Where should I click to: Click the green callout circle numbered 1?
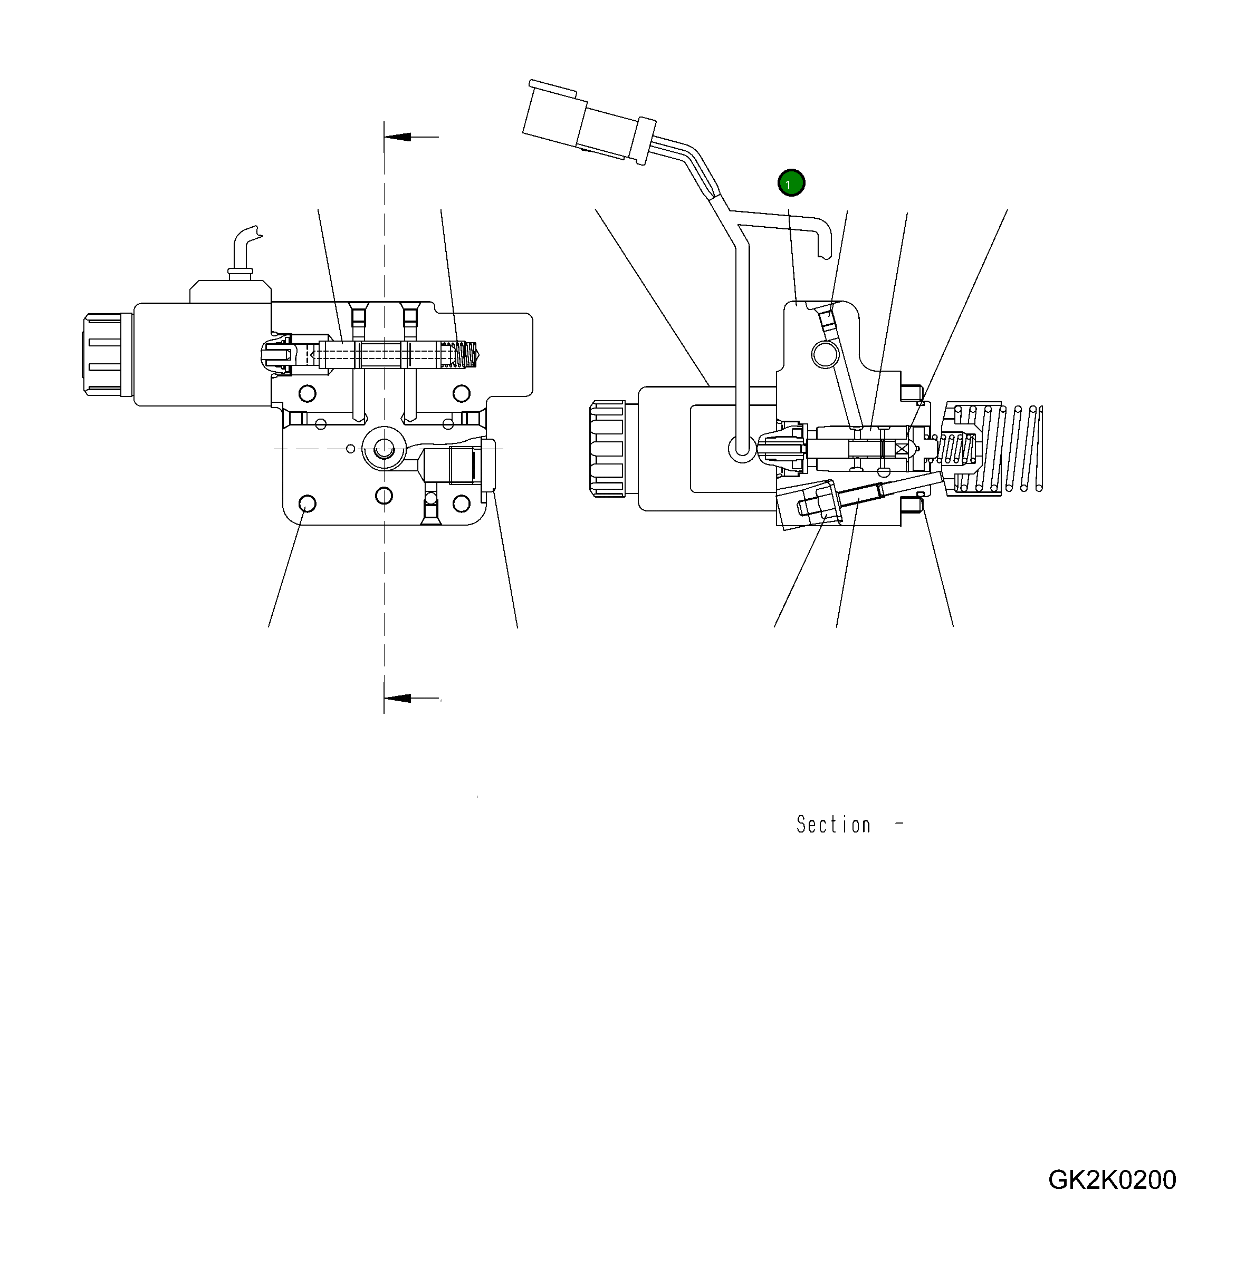[x=791, y=183]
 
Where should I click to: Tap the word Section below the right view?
[x=833, y=824]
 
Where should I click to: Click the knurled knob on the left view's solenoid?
[x=102, y=354]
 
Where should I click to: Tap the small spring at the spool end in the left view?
[x=467, y=354]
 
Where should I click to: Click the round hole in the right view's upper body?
[x=825, y=355]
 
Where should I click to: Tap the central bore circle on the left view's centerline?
[x=384, y=449]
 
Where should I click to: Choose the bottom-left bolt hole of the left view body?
[x=306, y=504]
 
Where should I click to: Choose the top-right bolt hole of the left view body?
[x=462, y=394]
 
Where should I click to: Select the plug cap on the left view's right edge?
[x=488, y=464]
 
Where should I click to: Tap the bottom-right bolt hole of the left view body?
[x=462, y=504]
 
